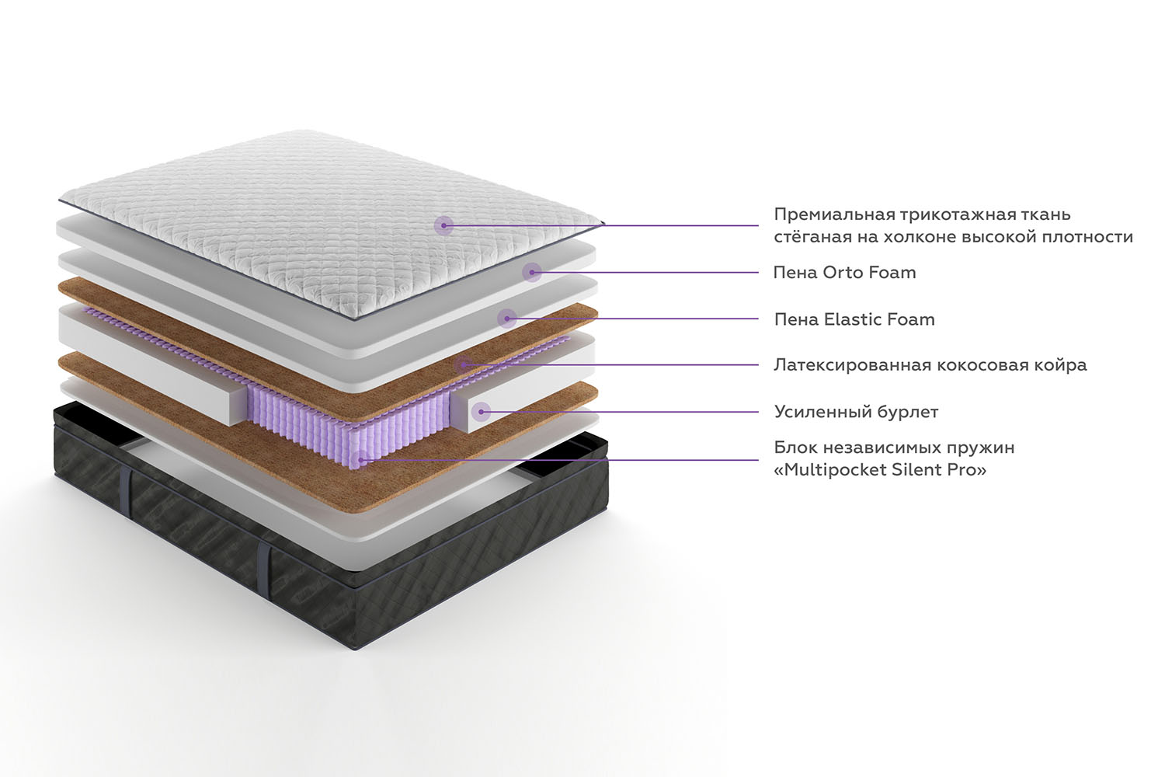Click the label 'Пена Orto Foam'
pyautogui.click(x=844, y=272)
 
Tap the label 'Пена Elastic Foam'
pyautogui.click(x=854, y=319)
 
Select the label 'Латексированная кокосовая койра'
pyautogui.click(x=930, y=365)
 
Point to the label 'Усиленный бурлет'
pyautogui.click(x=856, y=412)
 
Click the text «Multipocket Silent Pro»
pyautogui.click(x=880, y=470)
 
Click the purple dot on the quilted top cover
pyautogui.click(x=443, y=225)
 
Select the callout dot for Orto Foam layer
pyautogui.click(x=531, y=272)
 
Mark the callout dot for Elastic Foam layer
pyautogui.click(x=506, y=319)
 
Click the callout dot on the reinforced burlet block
pyautogui.click(x=481, y=412)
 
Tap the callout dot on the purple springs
pyautogui.click(x=360, y=460)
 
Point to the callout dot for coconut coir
pyautogui.click(x=464, y=365)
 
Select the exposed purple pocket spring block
pyautogui.click(x=349, y=422)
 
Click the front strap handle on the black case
pyautogui.click(x=265, y=569)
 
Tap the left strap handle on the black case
pyautogui.click(x=125, y=477)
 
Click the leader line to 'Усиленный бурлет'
pyautogui.click(x=620, y=412)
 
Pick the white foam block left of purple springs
pyautogui.click(x=151, y=364)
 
